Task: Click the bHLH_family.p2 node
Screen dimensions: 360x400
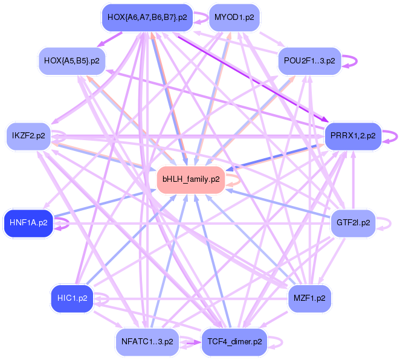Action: click(191, 179)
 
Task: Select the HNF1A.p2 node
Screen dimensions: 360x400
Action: click(28, 223)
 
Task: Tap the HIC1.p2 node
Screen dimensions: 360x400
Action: click(72, 298)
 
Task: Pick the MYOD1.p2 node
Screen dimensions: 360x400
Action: click(233, 17)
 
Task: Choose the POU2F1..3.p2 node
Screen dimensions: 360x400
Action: click(310, 61)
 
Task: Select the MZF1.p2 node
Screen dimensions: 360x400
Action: click(310, 298)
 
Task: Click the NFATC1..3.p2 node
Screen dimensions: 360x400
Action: click(147, 341)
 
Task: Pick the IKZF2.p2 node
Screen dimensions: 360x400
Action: click(28, 136)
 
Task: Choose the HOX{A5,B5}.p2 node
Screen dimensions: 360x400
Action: click(72, 61)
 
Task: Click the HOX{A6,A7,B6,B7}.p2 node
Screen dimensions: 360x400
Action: click(147, 17)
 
